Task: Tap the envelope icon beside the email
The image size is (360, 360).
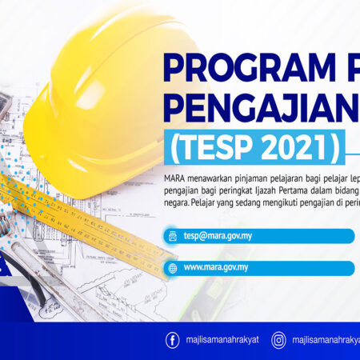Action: point(171,235)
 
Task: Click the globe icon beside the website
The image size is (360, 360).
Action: point(171,268)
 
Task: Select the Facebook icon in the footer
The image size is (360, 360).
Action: point(172,340)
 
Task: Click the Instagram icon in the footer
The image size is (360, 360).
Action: point(278,340)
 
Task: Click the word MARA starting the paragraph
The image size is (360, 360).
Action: point(174,178)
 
